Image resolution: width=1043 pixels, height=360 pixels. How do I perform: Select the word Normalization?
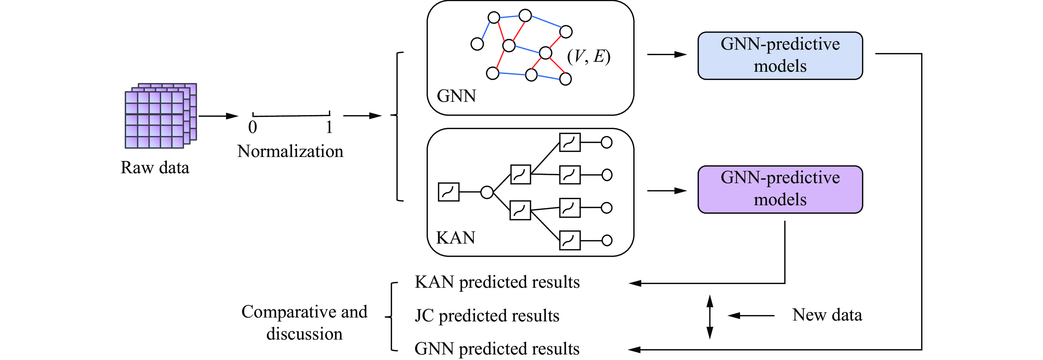(x=290, y=151)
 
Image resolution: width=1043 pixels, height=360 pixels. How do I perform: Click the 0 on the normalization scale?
(x=253, y=127)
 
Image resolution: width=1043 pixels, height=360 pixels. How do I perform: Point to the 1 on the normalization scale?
(x=329, y=127)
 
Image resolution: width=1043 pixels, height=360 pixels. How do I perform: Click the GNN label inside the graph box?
(x=456, y=96)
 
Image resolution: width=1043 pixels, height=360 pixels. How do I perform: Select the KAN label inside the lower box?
(x=456, y=238)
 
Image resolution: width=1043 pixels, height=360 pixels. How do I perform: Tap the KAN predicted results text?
(x=497, y=282)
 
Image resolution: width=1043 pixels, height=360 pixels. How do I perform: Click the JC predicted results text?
(x=487, y=316)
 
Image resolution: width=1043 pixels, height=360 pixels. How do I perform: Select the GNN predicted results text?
(x=497, y=349)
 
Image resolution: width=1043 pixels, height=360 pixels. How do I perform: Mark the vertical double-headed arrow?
(x=709, y=317)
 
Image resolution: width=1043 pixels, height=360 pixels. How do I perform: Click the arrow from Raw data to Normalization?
(x=218, y=116)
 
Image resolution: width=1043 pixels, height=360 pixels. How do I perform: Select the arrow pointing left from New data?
(x=751, y=316)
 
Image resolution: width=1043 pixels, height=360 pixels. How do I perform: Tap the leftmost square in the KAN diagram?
(x=449, y=192)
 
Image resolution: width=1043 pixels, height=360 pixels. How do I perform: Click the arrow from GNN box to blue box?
(x=667, y=54)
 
